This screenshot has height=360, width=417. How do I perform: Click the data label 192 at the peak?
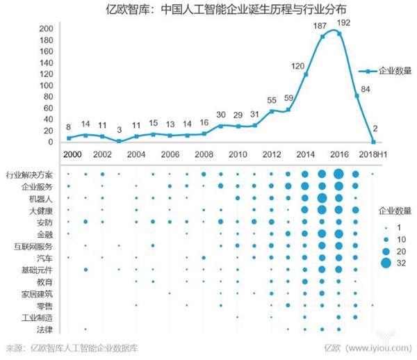(342, 23)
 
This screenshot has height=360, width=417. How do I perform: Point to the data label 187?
(320, 26)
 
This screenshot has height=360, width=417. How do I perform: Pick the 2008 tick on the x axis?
(204, 154)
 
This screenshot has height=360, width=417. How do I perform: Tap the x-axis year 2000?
(69, 154)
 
